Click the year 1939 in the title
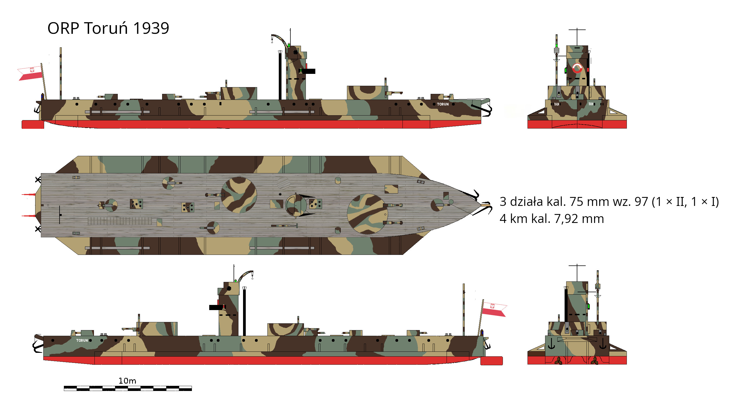[x=151, y=28]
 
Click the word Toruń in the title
[x=106, y=28]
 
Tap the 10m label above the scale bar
[x=127, y=381]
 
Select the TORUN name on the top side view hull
[x=443, y=104]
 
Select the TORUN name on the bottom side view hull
[x=82, y=340]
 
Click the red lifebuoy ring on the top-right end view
[x=577, y=68]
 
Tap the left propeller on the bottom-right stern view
[x=558, y=361]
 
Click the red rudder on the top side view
[x=33, y=124]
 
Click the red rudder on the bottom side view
[x=491, y=361]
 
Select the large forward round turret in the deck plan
[x=366, y=214]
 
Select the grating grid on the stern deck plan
[x=119, y=221]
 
